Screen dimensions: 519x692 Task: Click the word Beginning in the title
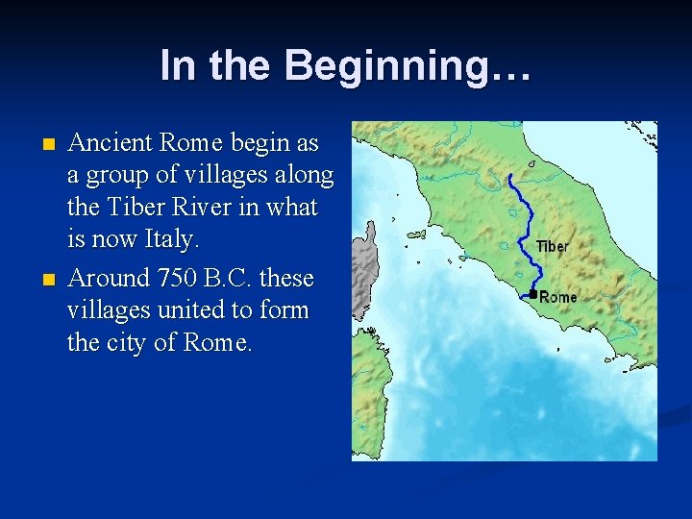point(408,65)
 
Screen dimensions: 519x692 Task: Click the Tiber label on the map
point(552,247)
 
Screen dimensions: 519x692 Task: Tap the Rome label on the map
point(558,297)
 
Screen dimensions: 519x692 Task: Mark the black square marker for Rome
point(532,294)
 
